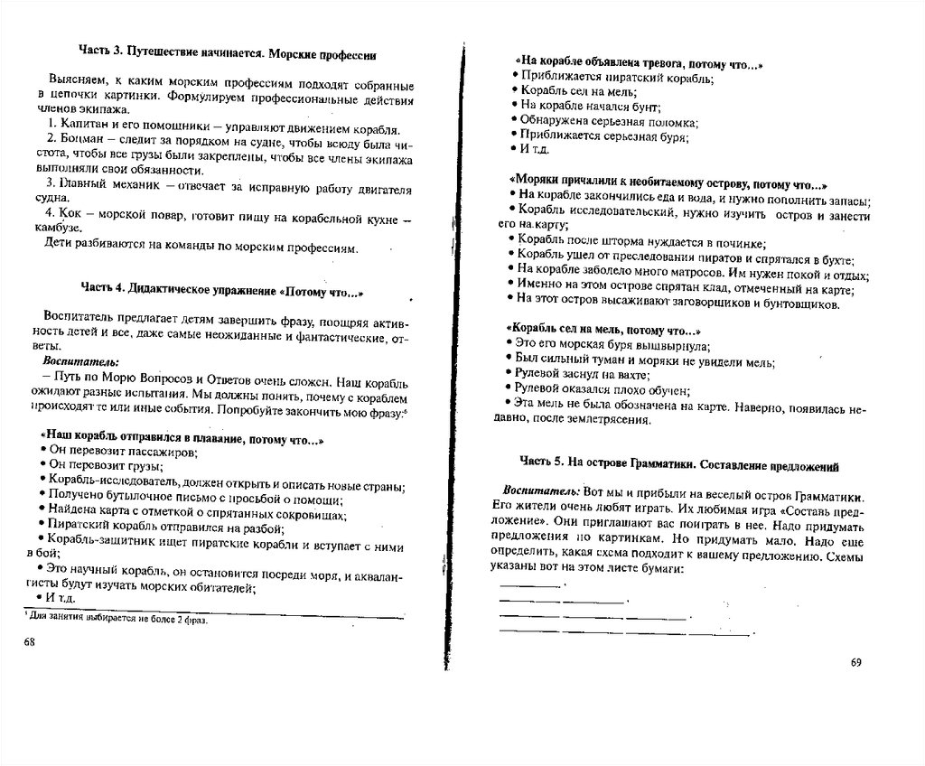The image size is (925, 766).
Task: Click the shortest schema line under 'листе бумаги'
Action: point(529,585)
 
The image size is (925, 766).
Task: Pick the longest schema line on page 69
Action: point(624,633)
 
